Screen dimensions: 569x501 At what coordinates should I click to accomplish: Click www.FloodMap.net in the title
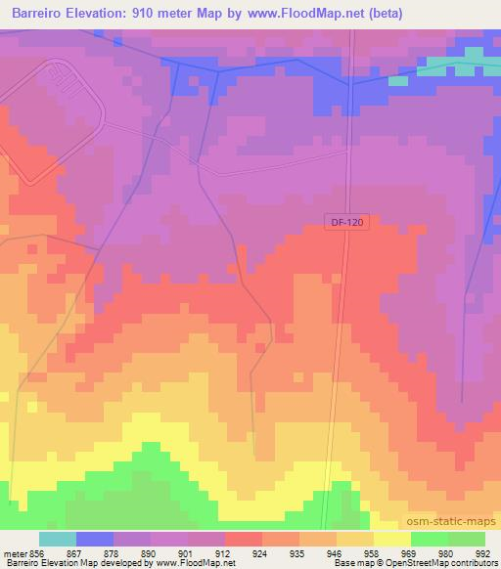click(x=310, y=14)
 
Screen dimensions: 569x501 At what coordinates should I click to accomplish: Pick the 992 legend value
click(x=480, y=552)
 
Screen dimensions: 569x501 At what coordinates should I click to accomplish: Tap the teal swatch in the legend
click(x=58, y=539)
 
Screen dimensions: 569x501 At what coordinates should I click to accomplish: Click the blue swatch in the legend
click(x=95, y=539)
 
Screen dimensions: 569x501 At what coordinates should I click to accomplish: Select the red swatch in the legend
click(x=244, y=539)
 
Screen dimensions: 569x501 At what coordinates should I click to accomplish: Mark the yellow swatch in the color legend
click(x=392, y=539)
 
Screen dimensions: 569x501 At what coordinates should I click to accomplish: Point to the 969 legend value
click(x=410, y=552)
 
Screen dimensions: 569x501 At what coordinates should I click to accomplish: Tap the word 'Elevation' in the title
click(x=104, y=14)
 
